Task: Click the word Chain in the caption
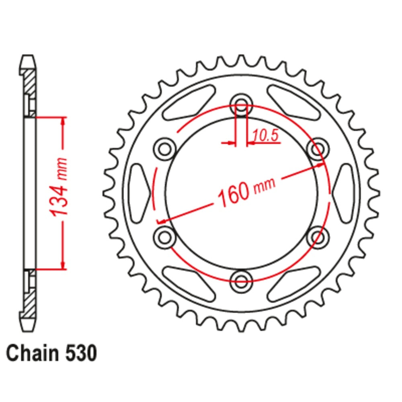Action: (x=31, y=353)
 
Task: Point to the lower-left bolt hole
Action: (x=165, y=236)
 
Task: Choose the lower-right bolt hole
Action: (x=318, y=236)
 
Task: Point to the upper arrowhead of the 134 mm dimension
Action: (x=63, y=121)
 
